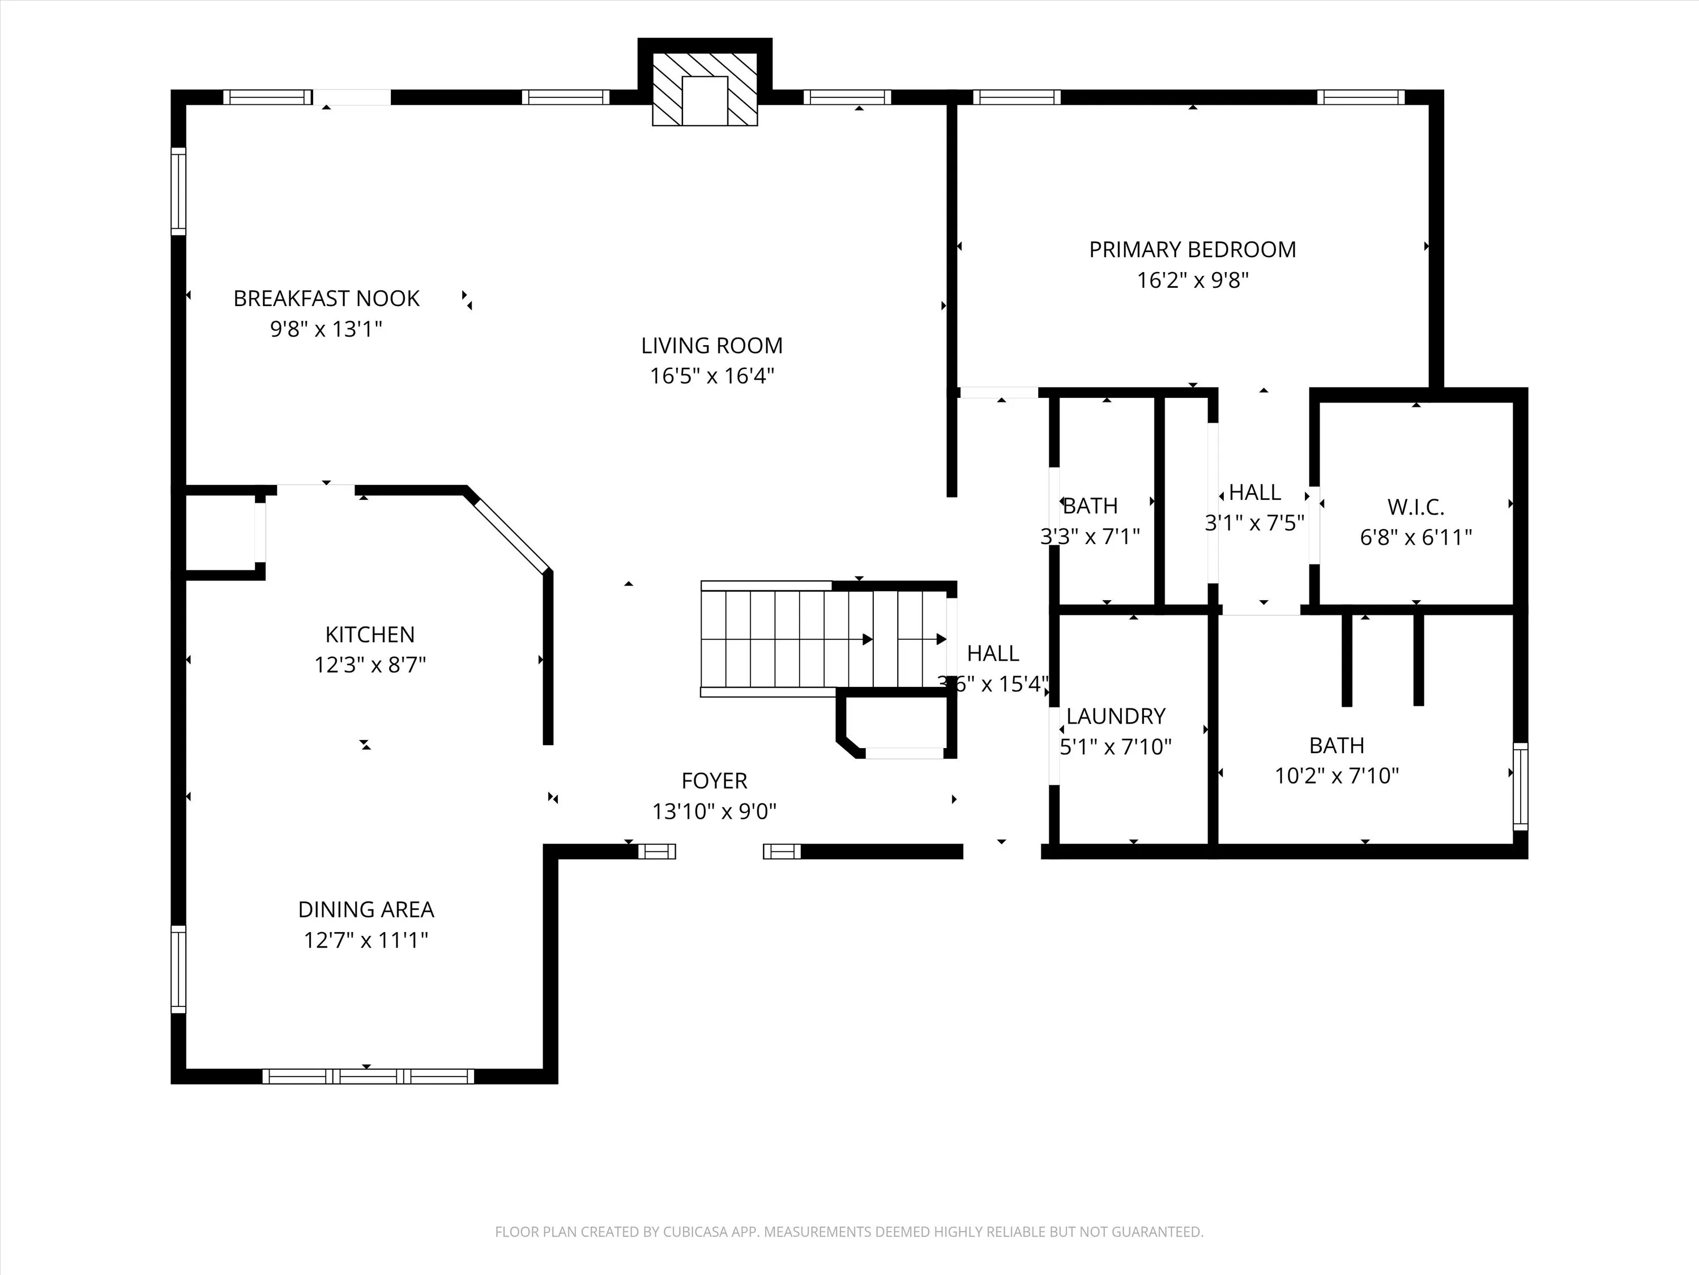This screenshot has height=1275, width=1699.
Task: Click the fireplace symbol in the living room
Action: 705,88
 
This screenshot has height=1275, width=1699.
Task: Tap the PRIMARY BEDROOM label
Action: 1192,250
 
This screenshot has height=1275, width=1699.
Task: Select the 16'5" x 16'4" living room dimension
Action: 712,376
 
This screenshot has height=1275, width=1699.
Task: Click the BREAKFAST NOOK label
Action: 326,298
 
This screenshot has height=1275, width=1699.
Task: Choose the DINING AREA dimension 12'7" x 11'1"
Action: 366,940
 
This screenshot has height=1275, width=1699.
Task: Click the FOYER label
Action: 714,781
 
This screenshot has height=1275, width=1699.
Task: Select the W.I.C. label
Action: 1416,507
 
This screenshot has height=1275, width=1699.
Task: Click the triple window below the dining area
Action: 368,1076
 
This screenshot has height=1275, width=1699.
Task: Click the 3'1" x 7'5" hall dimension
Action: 1254,522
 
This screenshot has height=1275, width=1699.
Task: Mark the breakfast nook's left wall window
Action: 178,192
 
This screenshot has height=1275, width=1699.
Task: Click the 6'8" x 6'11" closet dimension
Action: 1416,537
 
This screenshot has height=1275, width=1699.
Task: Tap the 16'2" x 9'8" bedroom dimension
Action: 1192,280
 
